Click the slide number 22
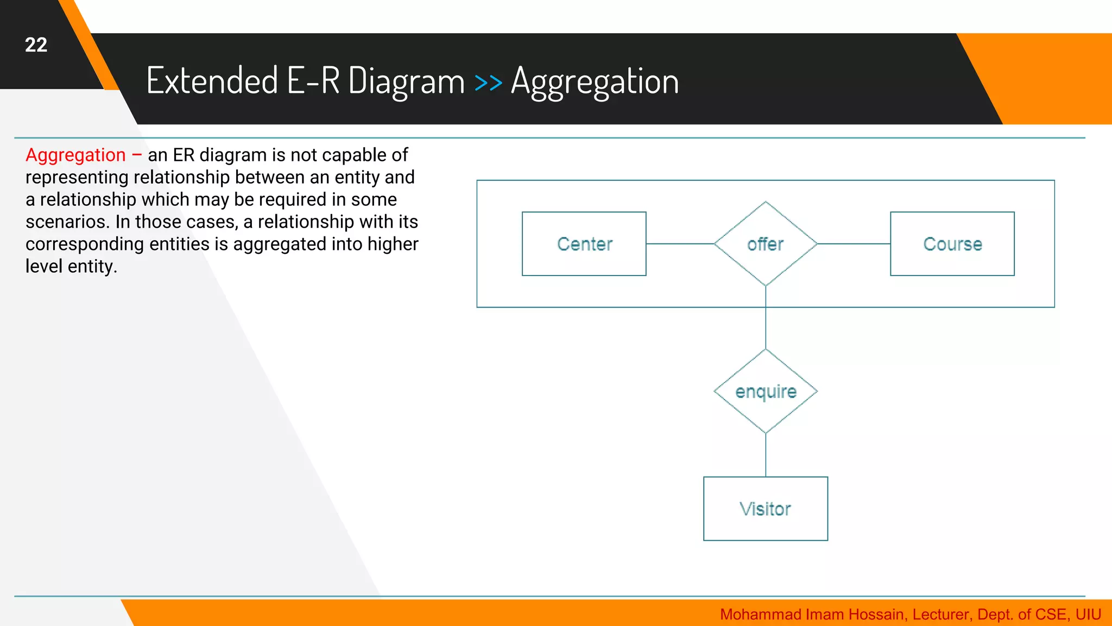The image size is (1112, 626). [36, 45]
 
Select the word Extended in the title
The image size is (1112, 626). [212, 80]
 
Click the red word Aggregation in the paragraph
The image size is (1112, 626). [75, 155]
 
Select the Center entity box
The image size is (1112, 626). [584, 244]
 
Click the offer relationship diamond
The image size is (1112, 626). [766, 244]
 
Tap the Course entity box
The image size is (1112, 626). [952, 244]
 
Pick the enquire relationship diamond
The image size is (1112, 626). [766, 391]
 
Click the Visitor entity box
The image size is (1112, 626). [766, 509]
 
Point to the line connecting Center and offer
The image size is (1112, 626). [680, 244]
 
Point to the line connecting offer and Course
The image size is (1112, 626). [854, 244]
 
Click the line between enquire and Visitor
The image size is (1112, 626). [766, 455]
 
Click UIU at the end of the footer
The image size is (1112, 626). [1088, 615]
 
